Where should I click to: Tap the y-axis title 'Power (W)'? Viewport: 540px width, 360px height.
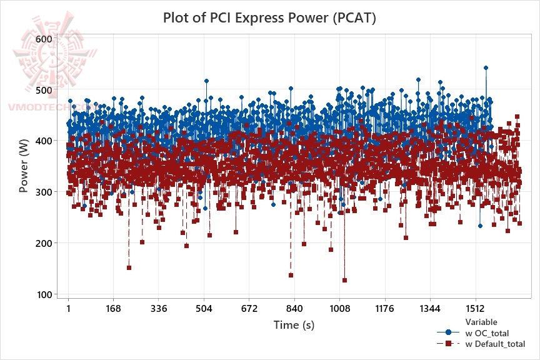click(x=24, y=166)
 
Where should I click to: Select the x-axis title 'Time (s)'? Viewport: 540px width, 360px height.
click(x=294, y=325)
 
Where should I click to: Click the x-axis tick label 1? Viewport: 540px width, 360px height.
click(x=68, y=309)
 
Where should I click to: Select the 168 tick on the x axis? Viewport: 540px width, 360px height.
click(x=113, y=309)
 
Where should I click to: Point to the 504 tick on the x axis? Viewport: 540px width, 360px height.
click(x=204, y=309)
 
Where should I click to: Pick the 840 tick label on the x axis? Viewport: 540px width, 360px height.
click(x=294, y=309)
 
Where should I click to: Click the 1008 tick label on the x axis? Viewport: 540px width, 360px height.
click(x=339, y=309)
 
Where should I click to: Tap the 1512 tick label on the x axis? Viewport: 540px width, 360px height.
click(x=475, y=309)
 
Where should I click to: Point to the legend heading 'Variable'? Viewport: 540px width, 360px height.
click(x=481, y=322)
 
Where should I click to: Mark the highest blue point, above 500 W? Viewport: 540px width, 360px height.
click(x=486, y=67)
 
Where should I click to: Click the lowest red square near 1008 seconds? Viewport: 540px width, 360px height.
click(x=344, y=280)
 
